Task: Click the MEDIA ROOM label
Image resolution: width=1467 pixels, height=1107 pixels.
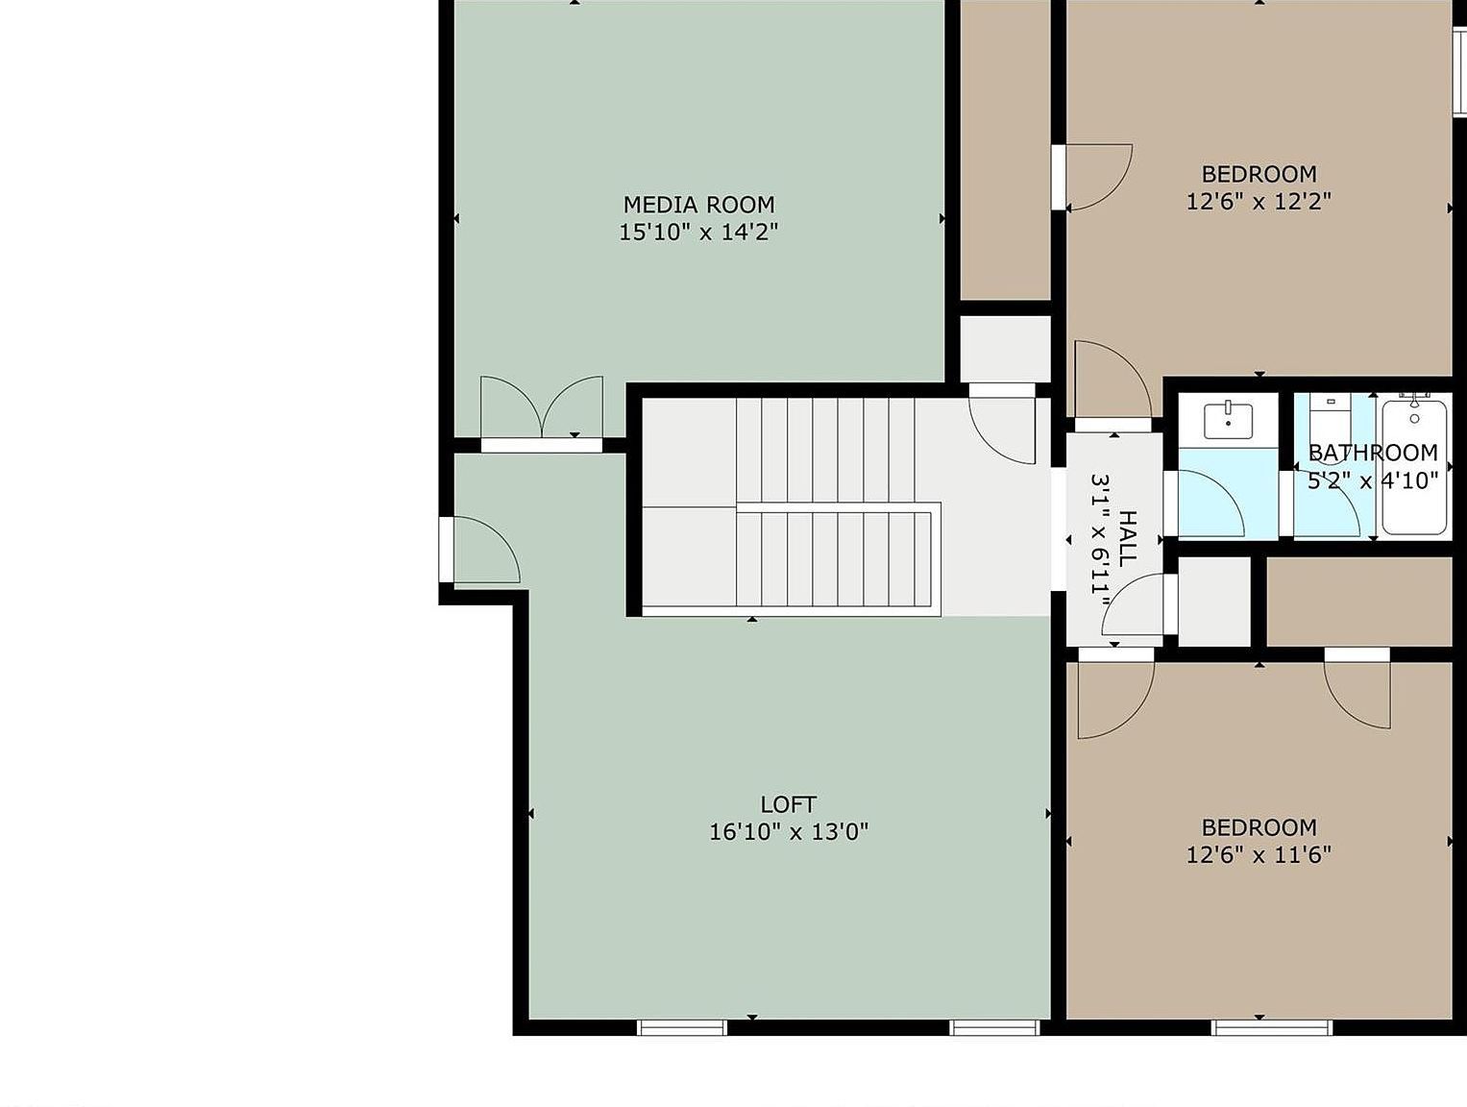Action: [698, 205]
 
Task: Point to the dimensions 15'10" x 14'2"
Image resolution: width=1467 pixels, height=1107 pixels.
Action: [698, 232]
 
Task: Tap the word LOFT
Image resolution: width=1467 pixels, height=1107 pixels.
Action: [788, 804]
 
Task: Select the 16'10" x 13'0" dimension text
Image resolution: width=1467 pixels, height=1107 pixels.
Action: [788, 831]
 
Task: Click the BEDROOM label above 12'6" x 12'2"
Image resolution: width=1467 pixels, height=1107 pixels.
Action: [1259, 174]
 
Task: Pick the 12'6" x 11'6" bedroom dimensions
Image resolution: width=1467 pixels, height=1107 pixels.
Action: [1259, 854]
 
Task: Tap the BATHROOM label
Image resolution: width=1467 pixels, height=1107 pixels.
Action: [1372, 453]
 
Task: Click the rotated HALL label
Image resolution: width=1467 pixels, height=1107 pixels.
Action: [1127, 538]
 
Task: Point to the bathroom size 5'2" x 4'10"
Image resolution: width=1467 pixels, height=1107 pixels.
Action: [1372, 480]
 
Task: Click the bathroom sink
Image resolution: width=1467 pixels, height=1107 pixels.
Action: [1228, 420]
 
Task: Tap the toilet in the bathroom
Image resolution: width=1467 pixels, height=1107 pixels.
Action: [1331, 418]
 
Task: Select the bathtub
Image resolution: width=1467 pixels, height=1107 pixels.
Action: [1414, 466]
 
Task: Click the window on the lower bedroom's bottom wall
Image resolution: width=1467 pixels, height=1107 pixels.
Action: [1272, 1027]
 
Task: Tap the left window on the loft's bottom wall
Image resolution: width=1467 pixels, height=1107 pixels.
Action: [682, 1027]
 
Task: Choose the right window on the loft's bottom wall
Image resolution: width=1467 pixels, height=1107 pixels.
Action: [994, 1027]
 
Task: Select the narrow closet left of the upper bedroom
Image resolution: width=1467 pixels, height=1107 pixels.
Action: [1005, 149]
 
